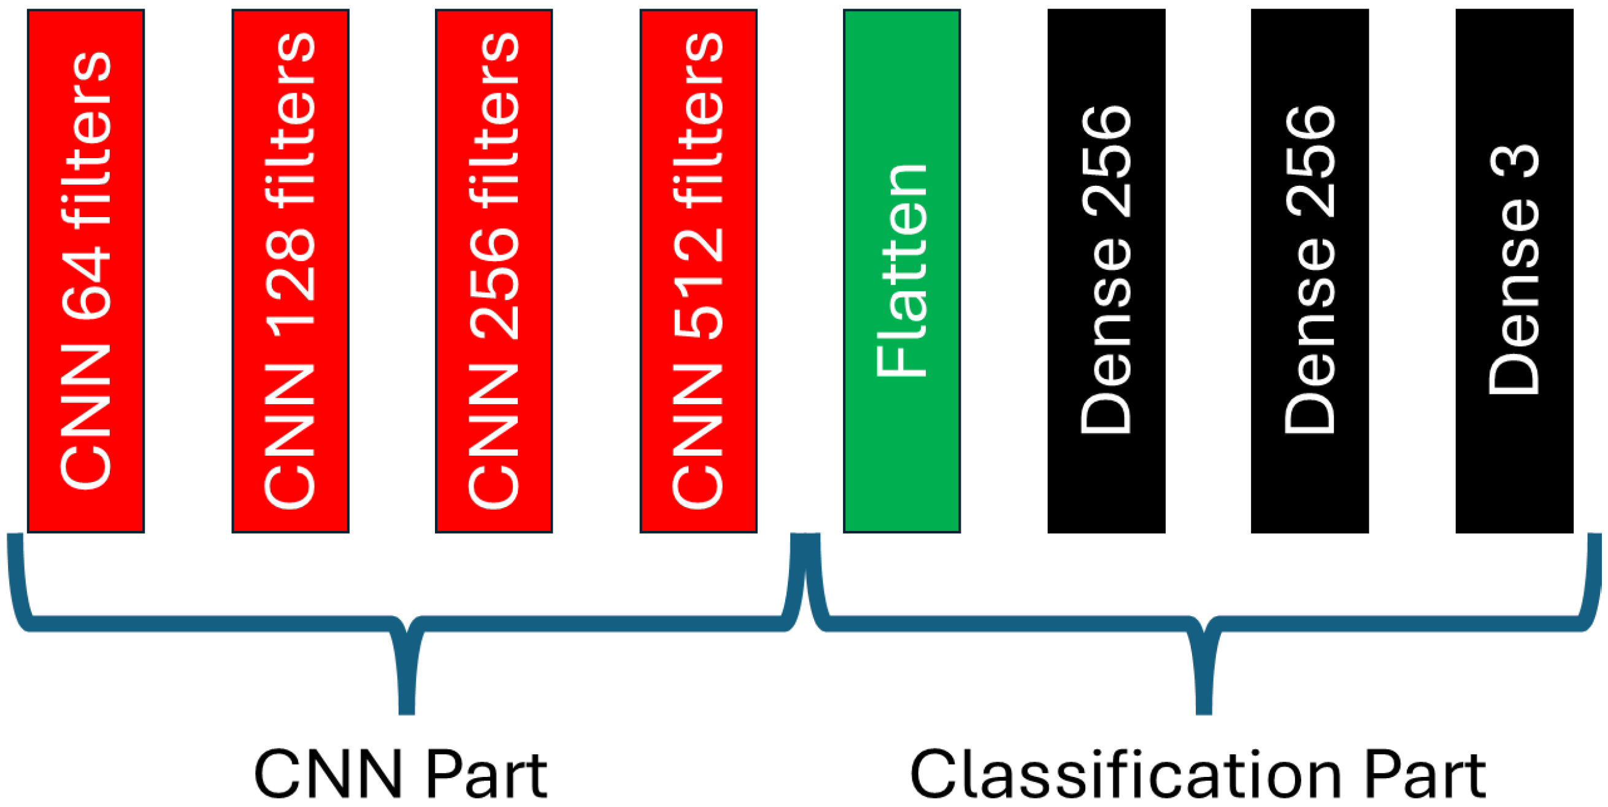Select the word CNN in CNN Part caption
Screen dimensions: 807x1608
click(x=328, y=774)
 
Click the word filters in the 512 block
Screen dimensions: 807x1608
click(x=698, y=118)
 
